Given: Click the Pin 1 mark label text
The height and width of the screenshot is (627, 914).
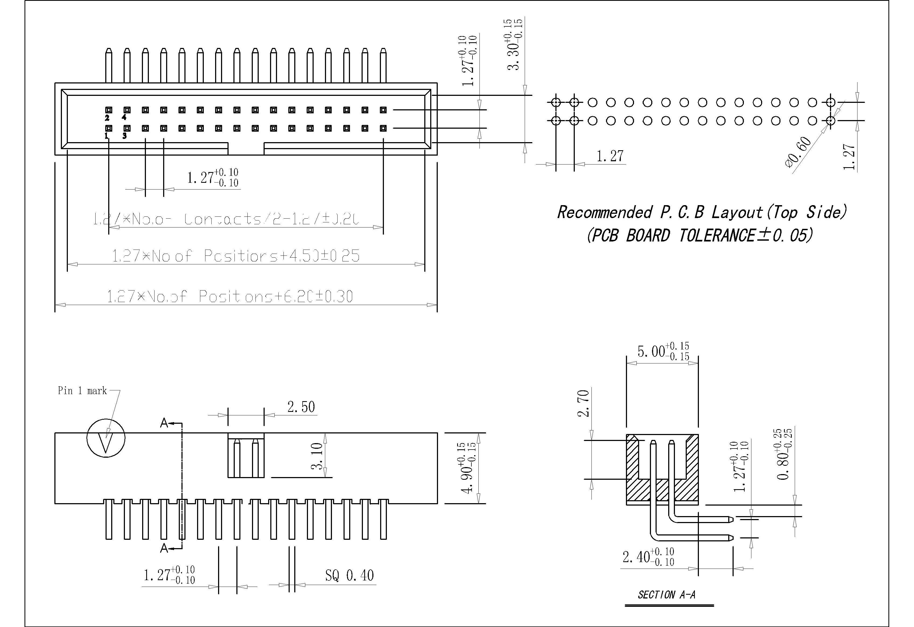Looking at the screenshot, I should (82, 391).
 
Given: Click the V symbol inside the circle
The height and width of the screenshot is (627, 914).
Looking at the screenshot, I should (106, 443).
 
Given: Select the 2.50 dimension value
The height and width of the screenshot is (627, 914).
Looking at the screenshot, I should (301, 407).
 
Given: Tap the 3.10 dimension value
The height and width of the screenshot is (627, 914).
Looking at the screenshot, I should (317, 456).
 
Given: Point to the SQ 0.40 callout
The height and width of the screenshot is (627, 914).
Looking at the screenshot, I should (349, 576).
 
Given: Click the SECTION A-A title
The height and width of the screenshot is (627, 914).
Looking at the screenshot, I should (666, 595).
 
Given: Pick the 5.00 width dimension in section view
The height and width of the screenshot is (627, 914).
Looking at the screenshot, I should (663, 351).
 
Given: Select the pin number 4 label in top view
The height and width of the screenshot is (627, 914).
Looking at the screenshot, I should (124, 117).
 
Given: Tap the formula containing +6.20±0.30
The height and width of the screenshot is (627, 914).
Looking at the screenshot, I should (230, 296).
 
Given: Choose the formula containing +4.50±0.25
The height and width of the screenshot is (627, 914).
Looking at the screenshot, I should (236, 256).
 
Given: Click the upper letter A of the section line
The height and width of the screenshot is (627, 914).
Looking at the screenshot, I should (164, 423).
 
